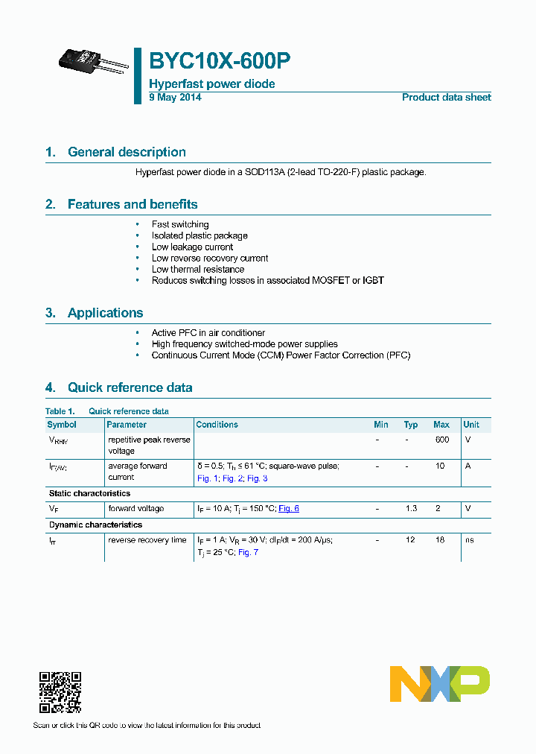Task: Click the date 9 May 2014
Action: tap(175, 98)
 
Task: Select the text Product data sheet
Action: tap(446, 98)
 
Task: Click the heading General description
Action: tap(127, 152)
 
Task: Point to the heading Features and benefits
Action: tap(133, 204)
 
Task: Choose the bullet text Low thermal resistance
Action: tap(198, 269)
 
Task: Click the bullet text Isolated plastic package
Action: tap(200, 235)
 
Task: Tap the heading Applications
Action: tap(105, 313)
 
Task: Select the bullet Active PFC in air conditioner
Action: tap(208, 333)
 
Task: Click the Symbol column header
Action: tap(62, 425)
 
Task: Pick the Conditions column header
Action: tap(217, 425)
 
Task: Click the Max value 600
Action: tap(442, 440)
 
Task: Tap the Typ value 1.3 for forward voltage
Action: tap(411, 509)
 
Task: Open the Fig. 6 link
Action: tap(289, 509)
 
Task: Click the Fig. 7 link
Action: tap(248, 553)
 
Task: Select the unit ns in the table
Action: tap(470, 540)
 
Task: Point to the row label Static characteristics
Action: tap(89, 493)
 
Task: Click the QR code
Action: tap(60, 692)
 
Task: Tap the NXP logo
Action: tap(440, 684)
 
